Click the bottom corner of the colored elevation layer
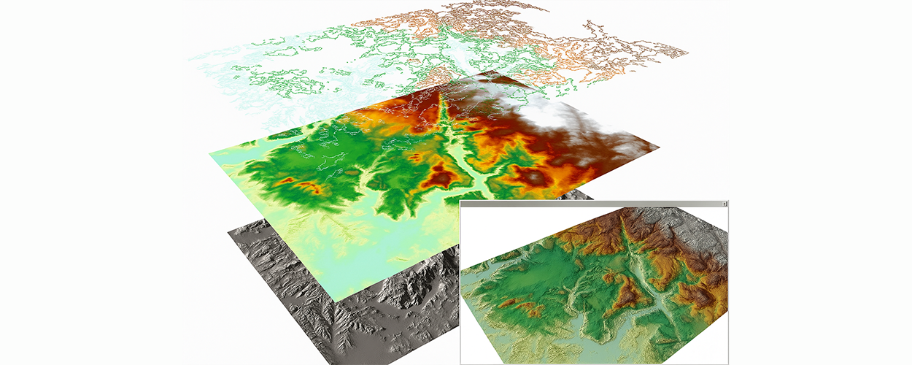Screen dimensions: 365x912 tap(337, 300)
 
